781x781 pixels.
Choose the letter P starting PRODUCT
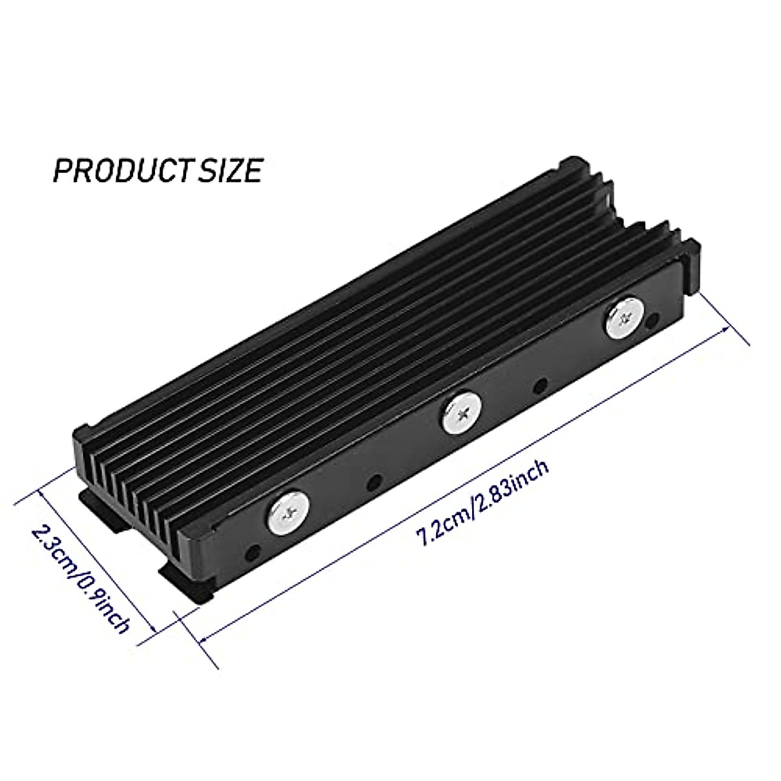(x=62, y=171)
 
